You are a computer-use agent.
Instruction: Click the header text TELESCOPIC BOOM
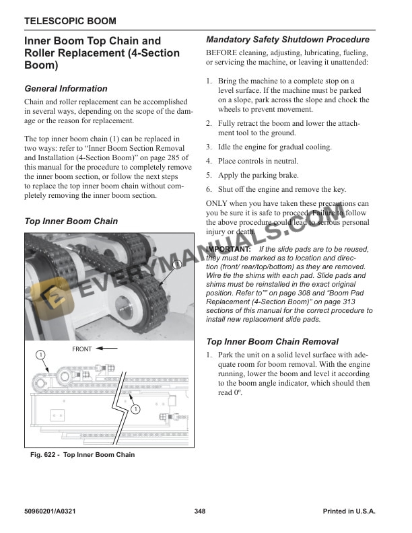pos(69,22)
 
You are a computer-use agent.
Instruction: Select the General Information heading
pos(65,88)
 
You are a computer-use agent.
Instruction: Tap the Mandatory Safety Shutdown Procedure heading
pos(287,40)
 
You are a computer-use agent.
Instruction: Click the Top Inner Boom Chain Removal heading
pos(272,341)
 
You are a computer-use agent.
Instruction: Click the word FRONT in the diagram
pos(81,349)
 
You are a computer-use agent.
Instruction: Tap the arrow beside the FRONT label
pos(107,349)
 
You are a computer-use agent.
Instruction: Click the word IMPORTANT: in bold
pos(229,249)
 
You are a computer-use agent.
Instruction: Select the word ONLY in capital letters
pos(217,204)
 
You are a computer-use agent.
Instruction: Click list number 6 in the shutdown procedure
pos(209,190)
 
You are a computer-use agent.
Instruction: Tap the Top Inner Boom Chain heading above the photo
pos(71,221)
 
